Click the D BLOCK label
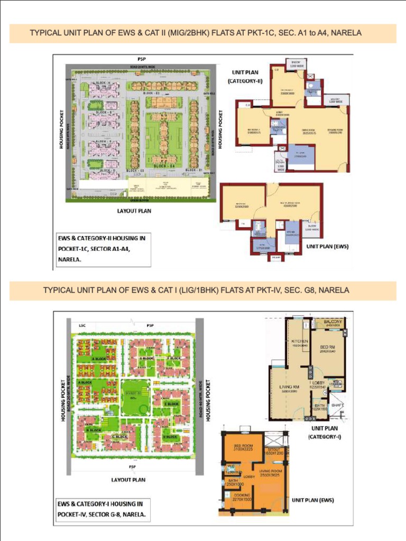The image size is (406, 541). coord(169,436)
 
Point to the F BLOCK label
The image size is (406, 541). coord(174,358)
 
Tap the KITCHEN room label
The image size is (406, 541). coord(300,341)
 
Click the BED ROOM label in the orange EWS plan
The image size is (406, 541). coord(243,446)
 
